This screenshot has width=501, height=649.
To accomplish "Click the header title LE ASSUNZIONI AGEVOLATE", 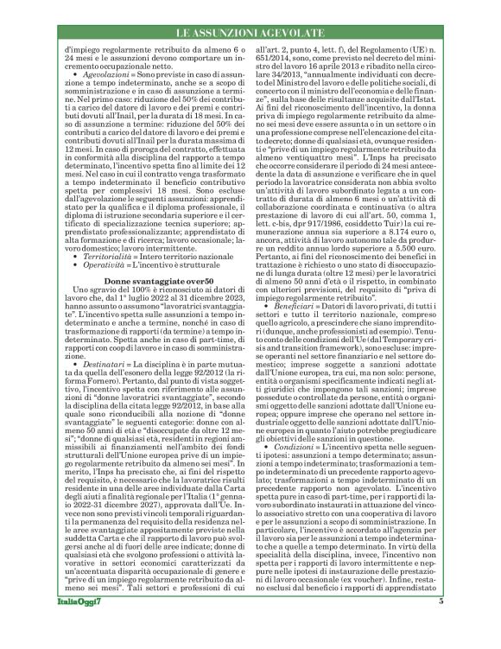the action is pos(250,32).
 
